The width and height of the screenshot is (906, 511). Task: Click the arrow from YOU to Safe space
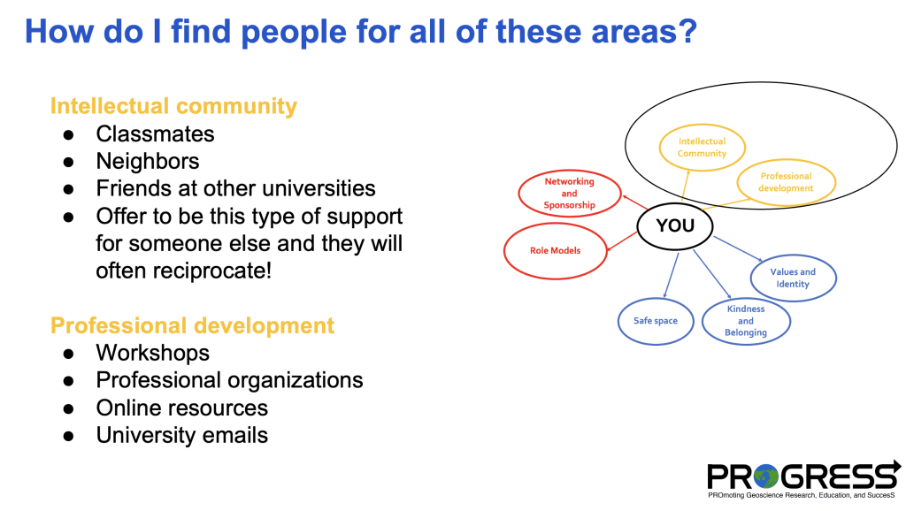point(671,275)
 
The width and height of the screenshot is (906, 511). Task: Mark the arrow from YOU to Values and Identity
point(738,248)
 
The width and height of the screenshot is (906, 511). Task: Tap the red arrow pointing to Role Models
point(622,241)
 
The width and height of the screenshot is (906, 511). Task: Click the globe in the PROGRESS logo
point(766,477)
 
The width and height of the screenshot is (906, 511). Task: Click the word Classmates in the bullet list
point(155,134)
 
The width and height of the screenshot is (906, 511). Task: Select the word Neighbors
point(148,161)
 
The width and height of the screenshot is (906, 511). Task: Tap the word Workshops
point(152,353)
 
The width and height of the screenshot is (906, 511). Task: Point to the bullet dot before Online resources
point(69,408)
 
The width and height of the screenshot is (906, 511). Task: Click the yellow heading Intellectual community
point(173,106)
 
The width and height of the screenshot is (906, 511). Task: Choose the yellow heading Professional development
point(192,325)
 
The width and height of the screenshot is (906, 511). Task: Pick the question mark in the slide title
point(688,31)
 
